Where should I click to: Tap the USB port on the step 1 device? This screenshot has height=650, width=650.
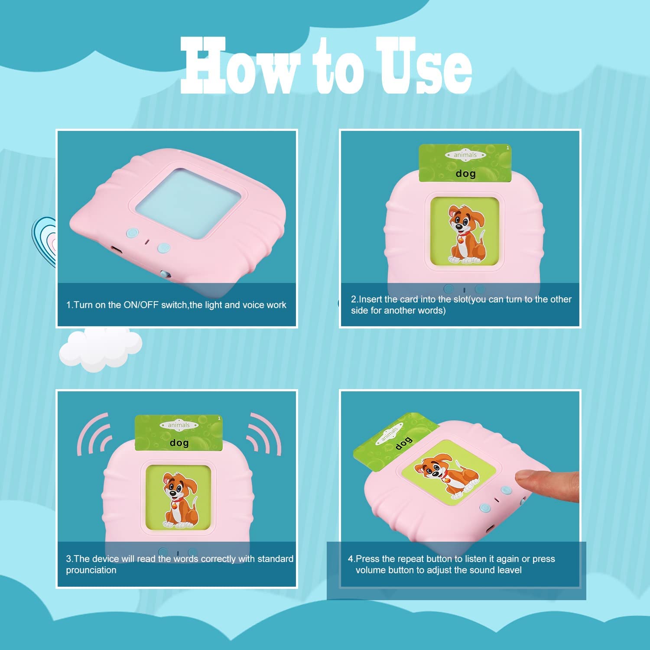[x=116, y=250]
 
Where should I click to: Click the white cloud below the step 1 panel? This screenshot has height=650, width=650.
[x=101, y=349]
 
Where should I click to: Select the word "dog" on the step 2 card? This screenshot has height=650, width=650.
[x=466, y=174]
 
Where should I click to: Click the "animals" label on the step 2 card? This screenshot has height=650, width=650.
[x=465, y=155]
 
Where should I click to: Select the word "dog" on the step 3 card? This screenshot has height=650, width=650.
[x=179, y=443]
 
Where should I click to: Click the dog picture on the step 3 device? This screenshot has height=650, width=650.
[x=179, y=500]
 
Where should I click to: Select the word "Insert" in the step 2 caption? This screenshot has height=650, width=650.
[x=370, y=299]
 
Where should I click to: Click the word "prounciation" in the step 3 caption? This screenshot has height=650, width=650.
[x=91, y=570]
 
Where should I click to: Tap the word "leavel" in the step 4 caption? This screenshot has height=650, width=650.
[x=509, y=570]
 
